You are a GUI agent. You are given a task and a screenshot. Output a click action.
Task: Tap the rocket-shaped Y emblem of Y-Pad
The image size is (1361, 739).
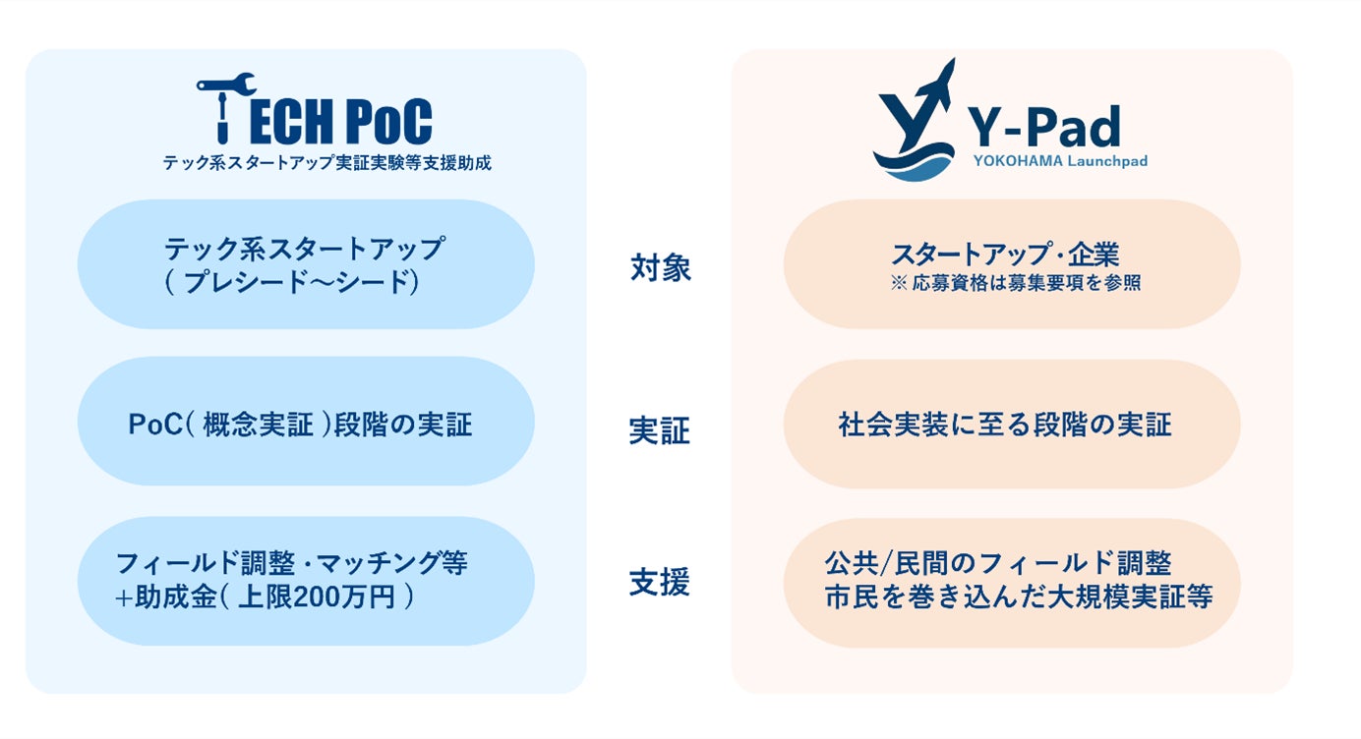pos(914,124)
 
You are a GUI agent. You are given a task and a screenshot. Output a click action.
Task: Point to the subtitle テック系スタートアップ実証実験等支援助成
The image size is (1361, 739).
pos(327,163)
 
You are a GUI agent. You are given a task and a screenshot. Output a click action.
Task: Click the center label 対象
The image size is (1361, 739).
pos(661,268)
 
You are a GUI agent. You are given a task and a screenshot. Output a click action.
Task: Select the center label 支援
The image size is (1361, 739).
pos(659,583)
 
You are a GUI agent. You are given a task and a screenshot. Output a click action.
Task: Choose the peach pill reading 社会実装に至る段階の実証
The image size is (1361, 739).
pos(1011,425)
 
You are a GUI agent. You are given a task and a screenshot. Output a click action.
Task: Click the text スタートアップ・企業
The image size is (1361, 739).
pos(1004,255)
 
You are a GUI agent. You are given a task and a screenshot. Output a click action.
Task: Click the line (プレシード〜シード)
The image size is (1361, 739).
pos(292,282)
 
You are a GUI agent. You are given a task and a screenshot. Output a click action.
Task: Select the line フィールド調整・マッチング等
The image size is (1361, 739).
pos(292,563)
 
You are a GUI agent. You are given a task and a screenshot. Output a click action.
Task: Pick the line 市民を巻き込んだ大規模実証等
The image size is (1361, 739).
pos(1019,596)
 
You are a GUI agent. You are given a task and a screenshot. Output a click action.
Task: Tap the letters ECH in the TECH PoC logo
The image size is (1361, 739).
pos(286,123)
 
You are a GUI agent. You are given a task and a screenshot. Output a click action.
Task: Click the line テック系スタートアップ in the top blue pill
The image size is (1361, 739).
pos(304,249)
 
